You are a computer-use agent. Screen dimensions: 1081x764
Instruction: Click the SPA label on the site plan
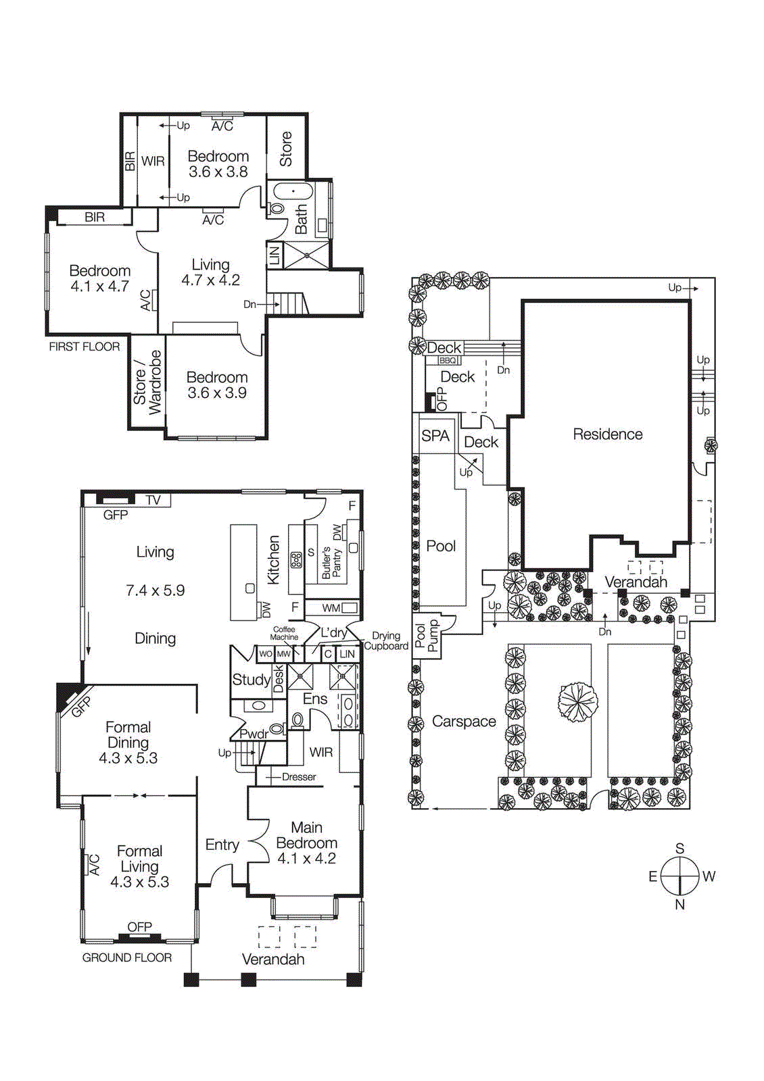435,436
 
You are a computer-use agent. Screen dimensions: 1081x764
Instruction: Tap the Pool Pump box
427,636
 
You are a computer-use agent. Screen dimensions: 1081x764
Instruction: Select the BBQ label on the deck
448,361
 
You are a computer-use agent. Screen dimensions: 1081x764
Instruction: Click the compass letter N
679,905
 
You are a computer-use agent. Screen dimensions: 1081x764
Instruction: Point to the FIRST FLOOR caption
84,347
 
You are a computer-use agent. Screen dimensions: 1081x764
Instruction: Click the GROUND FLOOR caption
126,957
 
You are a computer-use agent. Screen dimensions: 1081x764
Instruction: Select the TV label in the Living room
153,500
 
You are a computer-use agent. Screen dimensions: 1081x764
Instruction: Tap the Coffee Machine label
284,633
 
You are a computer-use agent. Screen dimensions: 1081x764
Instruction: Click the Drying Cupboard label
385,640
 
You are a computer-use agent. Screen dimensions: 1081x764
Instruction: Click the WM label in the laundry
331,608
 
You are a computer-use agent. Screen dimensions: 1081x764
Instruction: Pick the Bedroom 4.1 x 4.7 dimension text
99,286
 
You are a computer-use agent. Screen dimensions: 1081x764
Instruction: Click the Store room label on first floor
286,149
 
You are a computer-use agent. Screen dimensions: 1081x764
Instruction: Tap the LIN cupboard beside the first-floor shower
274,255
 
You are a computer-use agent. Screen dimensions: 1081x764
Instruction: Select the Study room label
251,680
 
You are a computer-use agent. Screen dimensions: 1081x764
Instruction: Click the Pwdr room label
254,734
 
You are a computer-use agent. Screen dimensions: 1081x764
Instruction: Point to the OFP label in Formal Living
139,927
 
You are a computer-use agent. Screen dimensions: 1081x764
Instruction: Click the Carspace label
464,722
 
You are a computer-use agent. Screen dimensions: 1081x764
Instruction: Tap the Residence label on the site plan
607,434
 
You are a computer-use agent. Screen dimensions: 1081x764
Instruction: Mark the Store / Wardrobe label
147,382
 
